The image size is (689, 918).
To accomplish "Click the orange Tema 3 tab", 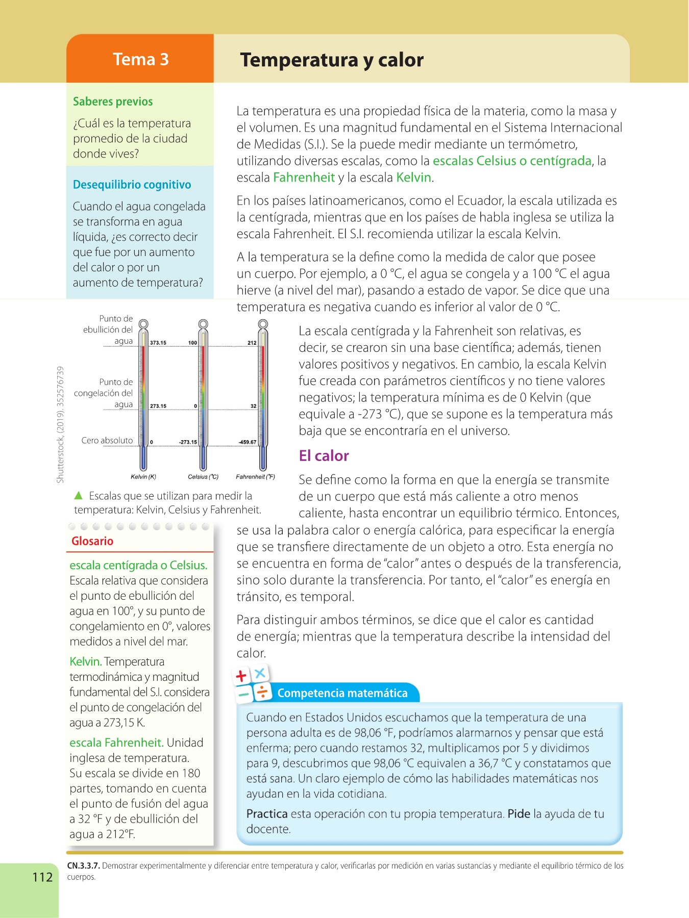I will pyautogui.click(x=140, y=59).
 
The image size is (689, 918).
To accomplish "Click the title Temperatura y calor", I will pyautogui.click(x=332, y=60).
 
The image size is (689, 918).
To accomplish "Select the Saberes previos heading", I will pyautogui.click(x=113, y=101).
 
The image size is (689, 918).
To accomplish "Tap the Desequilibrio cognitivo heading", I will pyautogui.click(x=132, y=185).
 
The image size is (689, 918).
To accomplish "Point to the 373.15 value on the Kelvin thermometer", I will pyautogui.click(x=158, y=343).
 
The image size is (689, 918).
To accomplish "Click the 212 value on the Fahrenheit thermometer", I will pyautogui.click(x=252, y=343).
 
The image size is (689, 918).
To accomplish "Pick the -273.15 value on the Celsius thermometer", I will pyautogui.click(x=188, y=442).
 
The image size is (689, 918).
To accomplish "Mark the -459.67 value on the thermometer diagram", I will pyautogui.click(x=248, y=442).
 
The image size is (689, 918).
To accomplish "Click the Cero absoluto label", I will pyautogui.click(x=107, y=440).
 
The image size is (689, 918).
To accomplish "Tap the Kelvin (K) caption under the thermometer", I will pyautogui.click(x=143, y=477).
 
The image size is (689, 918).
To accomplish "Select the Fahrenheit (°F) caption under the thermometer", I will pyautogui.click(x=255, y=477).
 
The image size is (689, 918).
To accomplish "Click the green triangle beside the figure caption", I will pyautogui.click(x=78, y=495).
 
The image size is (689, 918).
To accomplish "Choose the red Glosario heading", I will pyautogui.click(x=92, y=541).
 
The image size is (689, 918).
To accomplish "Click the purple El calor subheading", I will pyautogui.click(x=324, y=455).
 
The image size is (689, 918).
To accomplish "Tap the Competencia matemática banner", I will pyautogui.click(x=342, y=693).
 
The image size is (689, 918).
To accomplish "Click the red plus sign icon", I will pyautogui.click(x=241, y=676).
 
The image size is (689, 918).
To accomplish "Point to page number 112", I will pyautogui.click(x=42, y=877).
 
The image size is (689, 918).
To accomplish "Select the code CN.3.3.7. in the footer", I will pyautogui.click(x=83, y=865).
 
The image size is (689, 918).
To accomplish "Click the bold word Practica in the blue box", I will pyautogui.click(x=267, y=813).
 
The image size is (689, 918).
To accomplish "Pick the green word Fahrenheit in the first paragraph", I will pyautogui.click(x=304, y=177).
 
